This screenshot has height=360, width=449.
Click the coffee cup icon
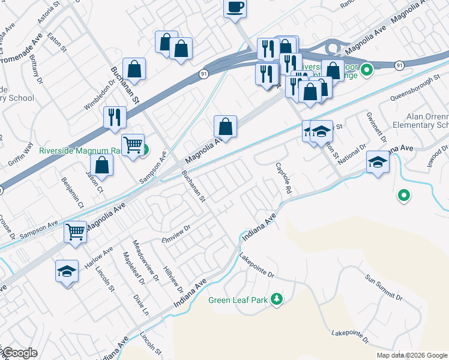235,8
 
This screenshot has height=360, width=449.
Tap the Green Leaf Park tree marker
277,299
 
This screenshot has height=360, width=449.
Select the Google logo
20,352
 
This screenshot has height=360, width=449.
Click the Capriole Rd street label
283,178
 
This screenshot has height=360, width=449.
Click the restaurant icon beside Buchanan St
114,116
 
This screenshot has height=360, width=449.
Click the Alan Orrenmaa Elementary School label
420,121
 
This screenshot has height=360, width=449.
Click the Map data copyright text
411,355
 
